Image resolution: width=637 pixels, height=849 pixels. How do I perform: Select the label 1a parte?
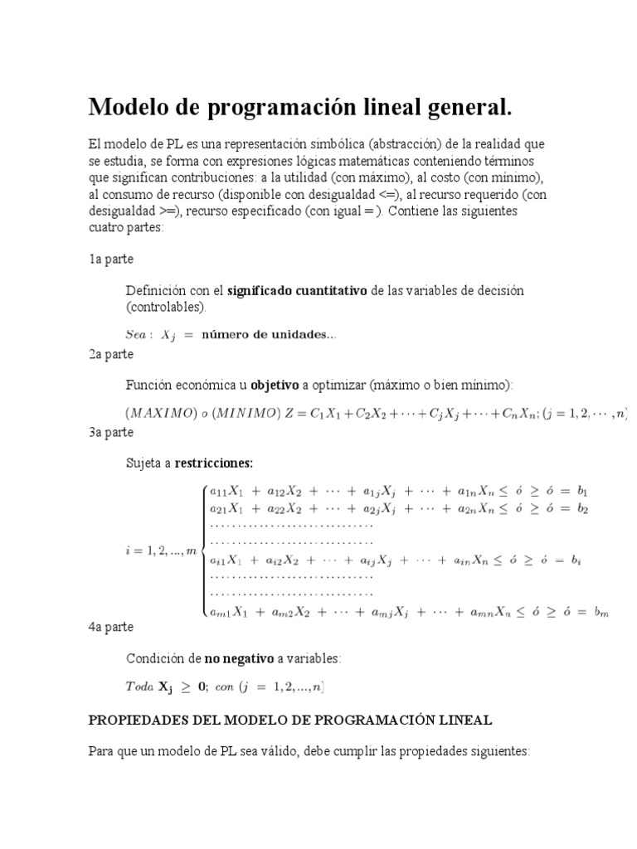pyautogui.click(x=111, y=259)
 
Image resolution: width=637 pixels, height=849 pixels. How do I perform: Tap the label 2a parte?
pyautogui.click(x=111, y=354)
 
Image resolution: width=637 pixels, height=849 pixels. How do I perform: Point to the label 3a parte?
pyautogui.click(x=111, y=432)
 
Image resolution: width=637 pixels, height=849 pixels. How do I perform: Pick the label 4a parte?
pyautogui.click(x=111, y=627)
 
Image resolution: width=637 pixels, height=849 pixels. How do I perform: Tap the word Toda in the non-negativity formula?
pyautogui.click(x=140, y=686)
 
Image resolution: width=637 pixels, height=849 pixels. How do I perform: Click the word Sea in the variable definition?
pyautogui.click(x=135, y=335)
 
